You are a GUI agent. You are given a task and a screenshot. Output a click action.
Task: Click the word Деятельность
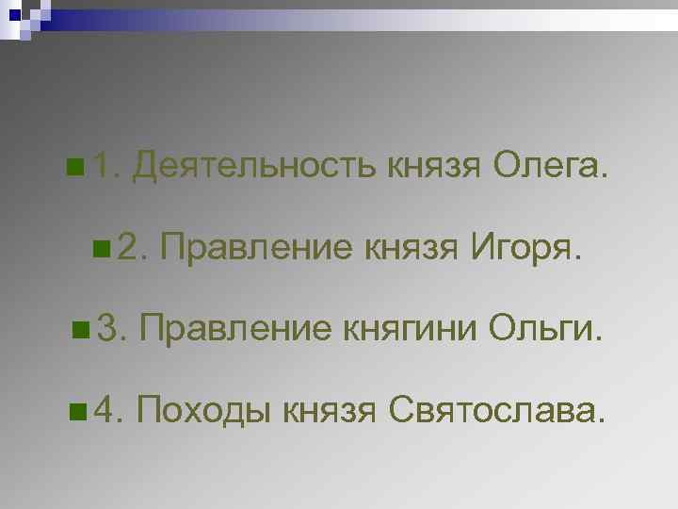click(255, 169)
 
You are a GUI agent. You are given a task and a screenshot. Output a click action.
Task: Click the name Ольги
click(542, 329)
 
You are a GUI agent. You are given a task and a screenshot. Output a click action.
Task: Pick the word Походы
click(206, 409)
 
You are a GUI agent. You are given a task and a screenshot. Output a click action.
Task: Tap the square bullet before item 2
click(101, 251)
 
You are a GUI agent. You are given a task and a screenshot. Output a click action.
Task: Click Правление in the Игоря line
click(253, 249)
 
